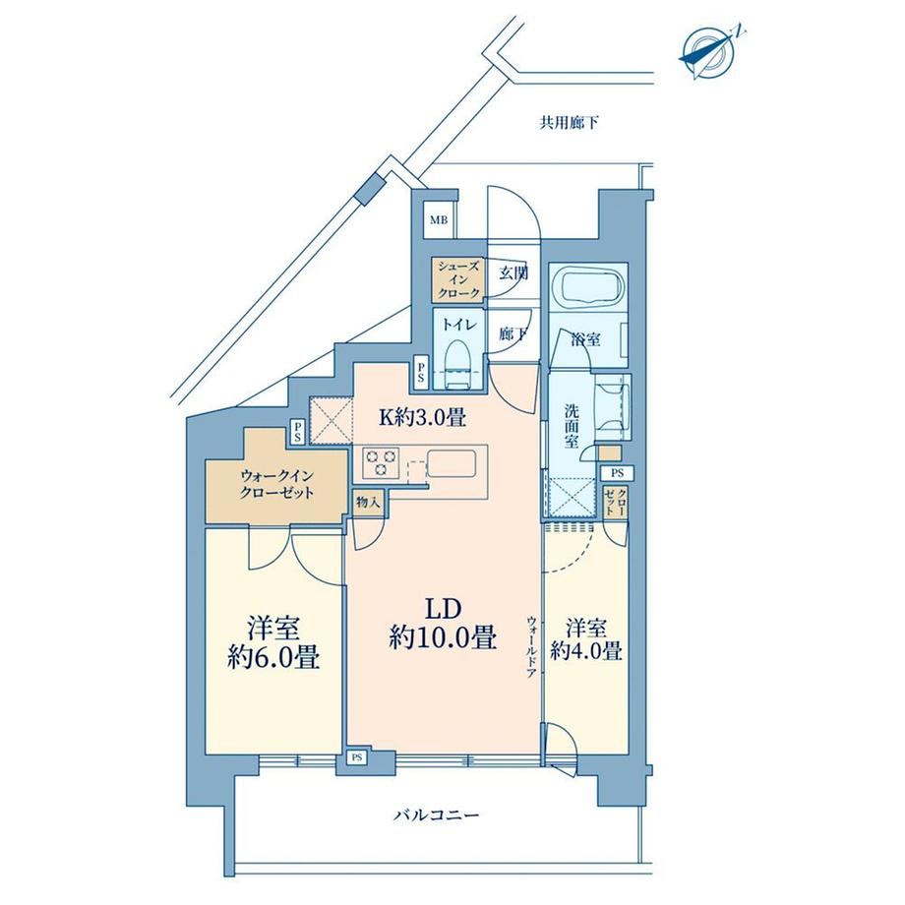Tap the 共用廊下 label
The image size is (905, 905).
tap(569, 122)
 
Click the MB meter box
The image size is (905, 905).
tap(439, 220)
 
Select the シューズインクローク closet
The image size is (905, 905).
tap(457, 280)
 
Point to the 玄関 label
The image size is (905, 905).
tap(513, 273)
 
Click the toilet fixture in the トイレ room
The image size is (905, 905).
tap(457, 364)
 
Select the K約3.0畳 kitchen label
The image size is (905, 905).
tap(422, 417)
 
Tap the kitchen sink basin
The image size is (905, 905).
tap(452, 463)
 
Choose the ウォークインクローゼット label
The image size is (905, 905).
tap(277, 484)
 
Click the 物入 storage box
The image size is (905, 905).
tap(368, 502)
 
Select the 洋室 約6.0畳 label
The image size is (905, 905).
tap(273, 642)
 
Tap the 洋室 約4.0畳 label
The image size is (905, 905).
tap(586, 639)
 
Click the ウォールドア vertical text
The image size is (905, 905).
tap(531, 645)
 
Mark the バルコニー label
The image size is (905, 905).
tap(437, 815)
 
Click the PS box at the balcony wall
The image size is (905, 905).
tap(357, 757)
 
